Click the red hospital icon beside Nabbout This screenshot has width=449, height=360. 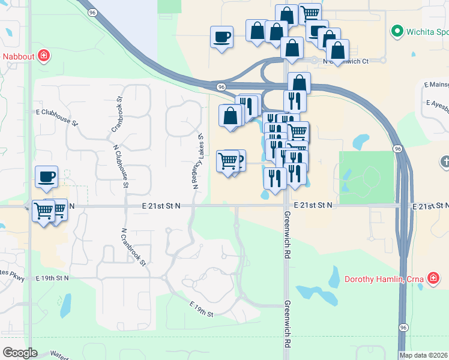coord(44,56)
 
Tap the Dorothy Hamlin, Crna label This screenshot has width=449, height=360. coord(384,278)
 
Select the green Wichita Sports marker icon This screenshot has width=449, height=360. coord(397,31)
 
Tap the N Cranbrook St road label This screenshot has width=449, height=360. coord(134,247)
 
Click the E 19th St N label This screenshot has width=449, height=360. coord(52,278)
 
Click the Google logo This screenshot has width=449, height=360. coord(20,352)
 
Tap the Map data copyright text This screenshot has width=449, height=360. coord(424,355)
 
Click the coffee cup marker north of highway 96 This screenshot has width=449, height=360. coord(221,37)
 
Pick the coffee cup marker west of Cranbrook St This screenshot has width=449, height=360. coord(47,176)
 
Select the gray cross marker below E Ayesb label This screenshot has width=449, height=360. coord(445,161)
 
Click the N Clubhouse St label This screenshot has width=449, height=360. coord(119,167)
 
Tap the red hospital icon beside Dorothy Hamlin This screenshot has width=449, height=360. coord(433,278)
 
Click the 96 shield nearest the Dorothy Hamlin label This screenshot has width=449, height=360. coord(403,327)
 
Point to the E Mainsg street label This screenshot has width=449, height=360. coord(436,85)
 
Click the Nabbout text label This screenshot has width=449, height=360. coord(17,57)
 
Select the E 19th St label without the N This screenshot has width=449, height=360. coord(202,310)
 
